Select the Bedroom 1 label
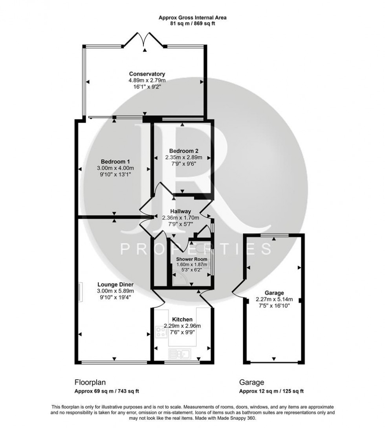[x=115, y=162]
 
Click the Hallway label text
[x=181, y=211]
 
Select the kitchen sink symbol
[x=183, y=354]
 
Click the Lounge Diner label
[x=115, y=284]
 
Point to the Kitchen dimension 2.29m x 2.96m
[x=182, y=326]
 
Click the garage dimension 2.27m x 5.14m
[x=274, y=299]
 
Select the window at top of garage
[x=274, y=235]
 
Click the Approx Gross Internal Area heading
[x=192, y=17]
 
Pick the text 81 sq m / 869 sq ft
[x=192, y=24]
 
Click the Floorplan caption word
[x=90, y=382]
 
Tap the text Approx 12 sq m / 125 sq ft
[x=271, y=391]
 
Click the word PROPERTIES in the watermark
[x=195, y=249]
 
